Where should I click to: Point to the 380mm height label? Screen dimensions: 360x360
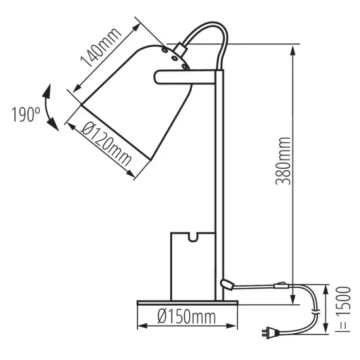point(283,161)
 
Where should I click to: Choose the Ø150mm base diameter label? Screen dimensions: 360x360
point(186,318)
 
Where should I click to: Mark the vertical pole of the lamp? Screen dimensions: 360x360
point(220,183)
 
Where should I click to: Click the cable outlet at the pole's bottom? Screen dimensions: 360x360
point(226,283)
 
